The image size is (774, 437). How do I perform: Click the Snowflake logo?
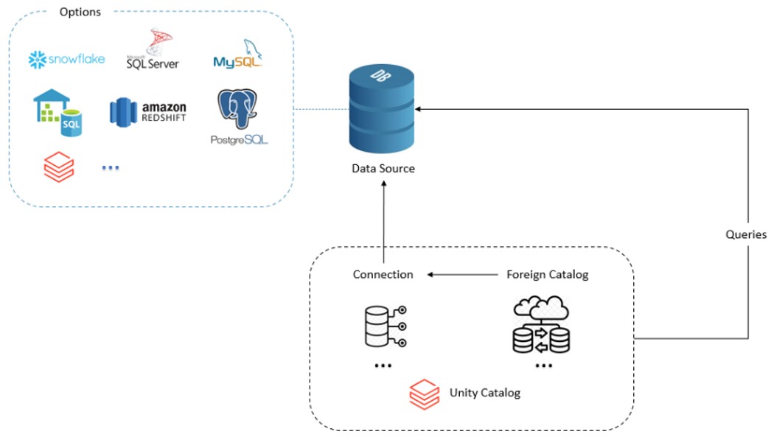pyautogui.click(x=66, y=59)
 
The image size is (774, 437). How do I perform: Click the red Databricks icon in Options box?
pyautogui.click(x=59, y=168)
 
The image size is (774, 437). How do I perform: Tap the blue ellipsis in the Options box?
pyautogui.click(x=110, y=168)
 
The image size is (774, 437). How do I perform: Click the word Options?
pyautogui.click(x=80, y=12)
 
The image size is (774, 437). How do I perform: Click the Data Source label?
pyautogui.click(x=383, y=169)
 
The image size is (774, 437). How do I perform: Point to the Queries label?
pyautogui.click(x=746, y=235)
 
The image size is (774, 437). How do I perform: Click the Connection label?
pyautogui.click(x=383, y=275)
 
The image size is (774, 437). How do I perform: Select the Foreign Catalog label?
pyautogui.click(x=547, y=275)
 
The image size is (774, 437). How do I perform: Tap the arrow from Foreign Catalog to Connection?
pyautogui.click(x=462, y=275)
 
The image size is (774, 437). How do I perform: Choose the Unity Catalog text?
pyautogui.click(x=484, y=393)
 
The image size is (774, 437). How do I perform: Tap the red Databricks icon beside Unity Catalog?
pyautogui.click(x=424, y=394)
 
